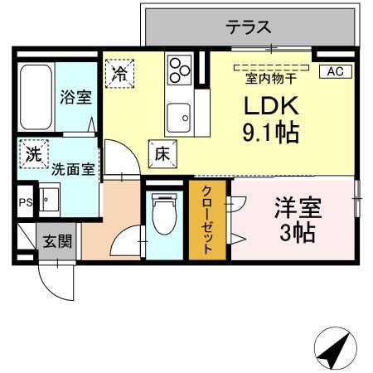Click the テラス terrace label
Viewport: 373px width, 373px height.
(x=249, y=27)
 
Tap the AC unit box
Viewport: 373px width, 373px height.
(x=335, y=71)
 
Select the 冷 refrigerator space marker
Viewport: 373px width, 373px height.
(x=120, y=74)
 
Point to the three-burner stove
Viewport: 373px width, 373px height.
(x=178, y=69)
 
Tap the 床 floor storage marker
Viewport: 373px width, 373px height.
(x=162, y=153)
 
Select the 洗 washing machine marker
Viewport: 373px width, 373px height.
(x=32, y=155)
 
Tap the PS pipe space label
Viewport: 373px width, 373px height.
(x=26, y=201)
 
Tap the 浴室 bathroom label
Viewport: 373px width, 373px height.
(x=75, y=96)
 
